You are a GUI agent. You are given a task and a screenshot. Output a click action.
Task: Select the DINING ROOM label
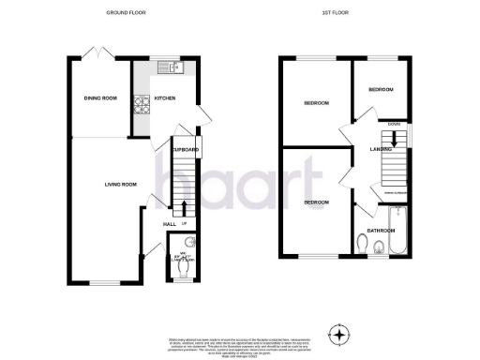tap(100, 98)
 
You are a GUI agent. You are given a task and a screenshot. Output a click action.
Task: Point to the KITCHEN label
tap(164, 98)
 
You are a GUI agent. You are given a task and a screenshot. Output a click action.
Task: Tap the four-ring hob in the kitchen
tap(143, 105)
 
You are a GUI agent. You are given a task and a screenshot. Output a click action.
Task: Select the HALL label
tap(170, 224)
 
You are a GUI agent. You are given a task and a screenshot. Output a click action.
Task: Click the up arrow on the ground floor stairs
tap(183, 207)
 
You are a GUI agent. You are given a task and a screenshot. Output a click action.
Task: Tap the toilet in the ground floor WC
tap(183, 265)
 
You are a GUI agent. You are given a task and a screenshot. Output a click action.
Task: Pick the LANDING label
tap(381, 149)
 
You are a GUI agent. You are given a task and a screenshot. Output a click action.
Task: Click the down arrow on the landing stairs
tap(395, 137)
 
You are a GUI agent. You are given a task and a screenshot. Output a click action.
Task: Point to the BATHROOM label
tap(381, 230)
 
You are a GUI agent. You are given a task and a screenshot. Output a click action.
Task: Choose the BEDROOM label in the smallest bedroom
tap(381, 89)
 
